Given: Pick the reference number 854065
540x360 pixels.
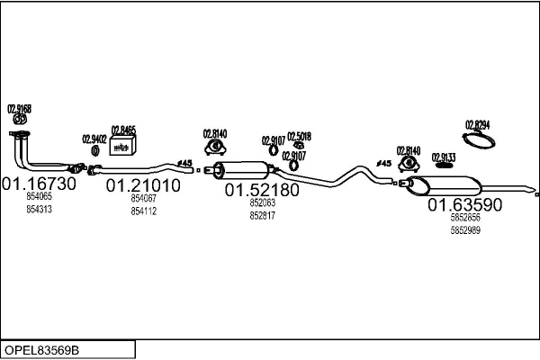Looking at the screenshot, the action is tap(40, 196).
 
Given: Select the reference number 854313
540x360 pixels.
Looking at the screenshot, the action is tap(40, 210).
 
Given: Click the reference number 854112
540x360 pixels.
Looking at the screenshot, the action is tap(143, 211).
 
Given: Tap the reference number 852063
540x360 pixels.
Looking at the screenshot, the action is tap(262, 203).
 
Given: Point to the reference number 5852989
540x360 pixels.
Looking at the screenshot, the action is tap(464, 230).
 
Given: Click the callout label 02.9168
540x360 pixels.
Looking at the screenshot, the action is tap(20, 109).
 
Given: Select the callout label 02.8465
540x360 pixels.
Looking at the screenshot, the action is tap(123, 130).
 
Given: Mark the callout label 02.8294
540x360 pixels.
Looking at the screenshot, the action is tap(477, 125).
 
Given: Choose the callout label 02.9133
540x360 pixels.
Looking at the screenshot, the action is tap(444, 157).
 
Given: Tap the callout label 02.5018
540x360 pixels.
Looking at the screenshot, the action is tap(299, 137).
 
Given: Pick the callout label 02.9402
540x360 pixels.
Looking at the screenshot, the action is tap(94, 139).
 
